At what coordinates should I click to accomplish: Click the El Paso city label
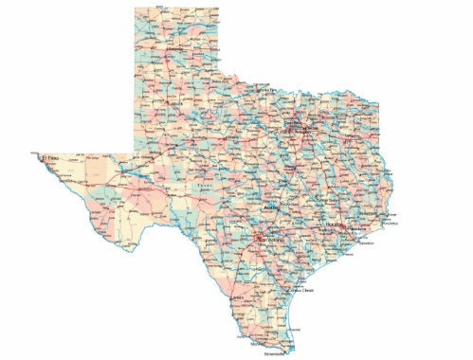49,158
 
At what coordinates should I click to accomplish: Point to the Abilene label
232,138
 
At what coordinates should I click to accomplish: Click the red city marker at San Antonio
258,238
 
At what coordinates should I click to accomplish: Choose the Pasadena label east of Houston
358,229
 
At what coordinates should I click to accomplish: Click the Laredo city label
237,298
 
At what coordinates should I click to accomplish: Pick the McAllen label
258,343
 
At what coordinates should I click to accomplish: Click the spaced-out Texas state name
203,185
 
